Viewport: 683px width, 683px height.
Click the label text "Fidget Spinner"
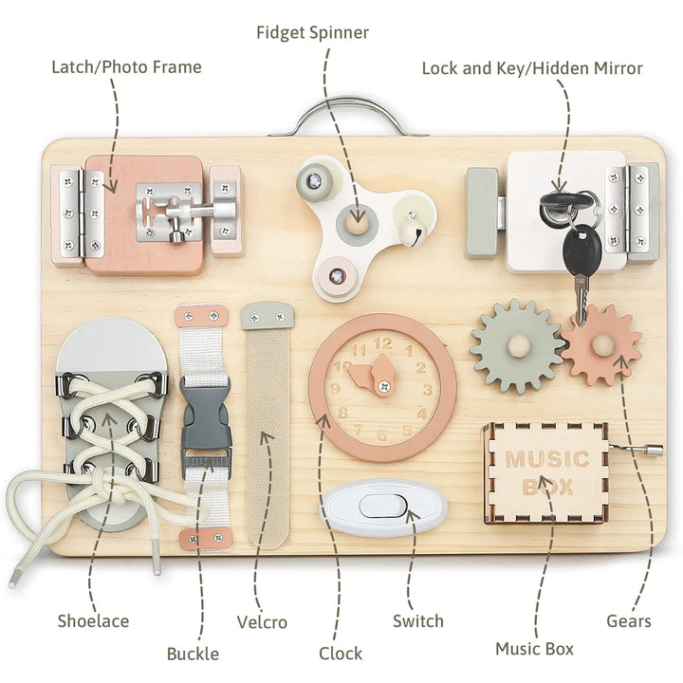point(312,32)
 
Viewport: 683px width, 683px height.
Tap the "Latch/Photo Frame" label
point(126,67)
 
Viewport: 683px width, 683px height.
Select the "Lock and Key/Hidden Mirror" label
point(532,68)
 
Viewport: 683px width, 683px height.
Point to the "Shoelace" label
point(92,621)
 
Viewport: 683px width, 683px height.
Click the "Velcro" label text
point(262,621)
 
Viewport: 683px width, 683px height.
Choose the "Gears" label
point(629,621)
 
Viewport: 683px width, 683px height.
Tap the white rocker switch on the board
point(383,507)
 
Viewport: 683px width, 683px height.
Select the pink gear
point(601,344)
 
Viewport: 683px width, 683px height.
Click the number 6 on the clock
point(382,435)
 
